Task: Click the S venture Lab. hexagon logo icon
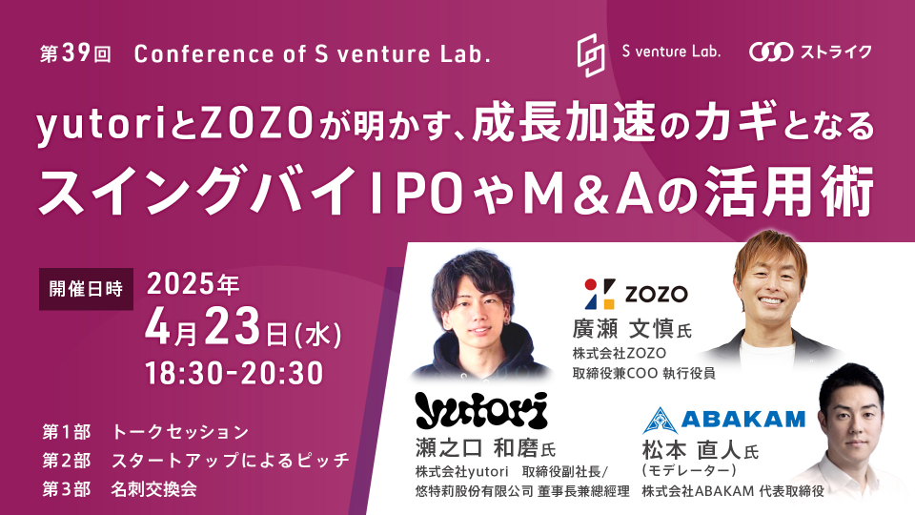coord(591,55)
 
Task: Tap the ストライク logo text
coord(836,51)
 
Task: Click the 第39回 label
coord(75,54)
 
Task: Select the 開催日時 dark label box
coord(86,289)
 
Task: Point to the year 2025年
coord(193,284)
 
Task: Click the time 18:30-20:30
coord(234,373)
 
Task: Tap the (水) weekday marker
coord(318,335)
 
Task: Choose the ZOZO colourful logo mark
coord(600,294)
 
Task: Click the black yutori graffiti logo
coord(481,410)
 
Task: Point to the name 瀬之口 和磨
coord(477,448)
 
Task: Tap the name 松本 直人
coord(692,451)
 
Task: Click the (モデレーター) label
coord(689,470)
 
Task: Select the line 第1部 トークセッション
coord(145,432)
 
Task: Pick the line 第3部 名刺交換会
coord(120,489)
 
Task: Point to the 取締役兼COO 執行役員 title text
coord(643,373)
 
